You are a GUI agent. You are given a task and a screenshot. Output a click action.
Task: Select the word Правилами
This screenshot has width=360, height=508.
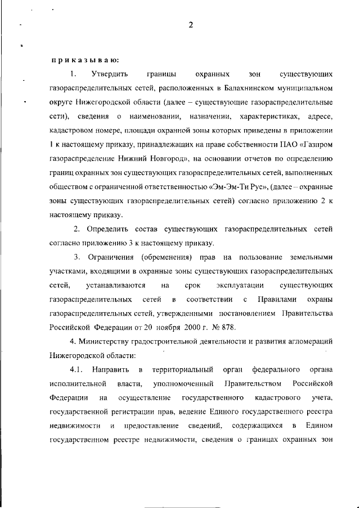pos(277,299)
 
